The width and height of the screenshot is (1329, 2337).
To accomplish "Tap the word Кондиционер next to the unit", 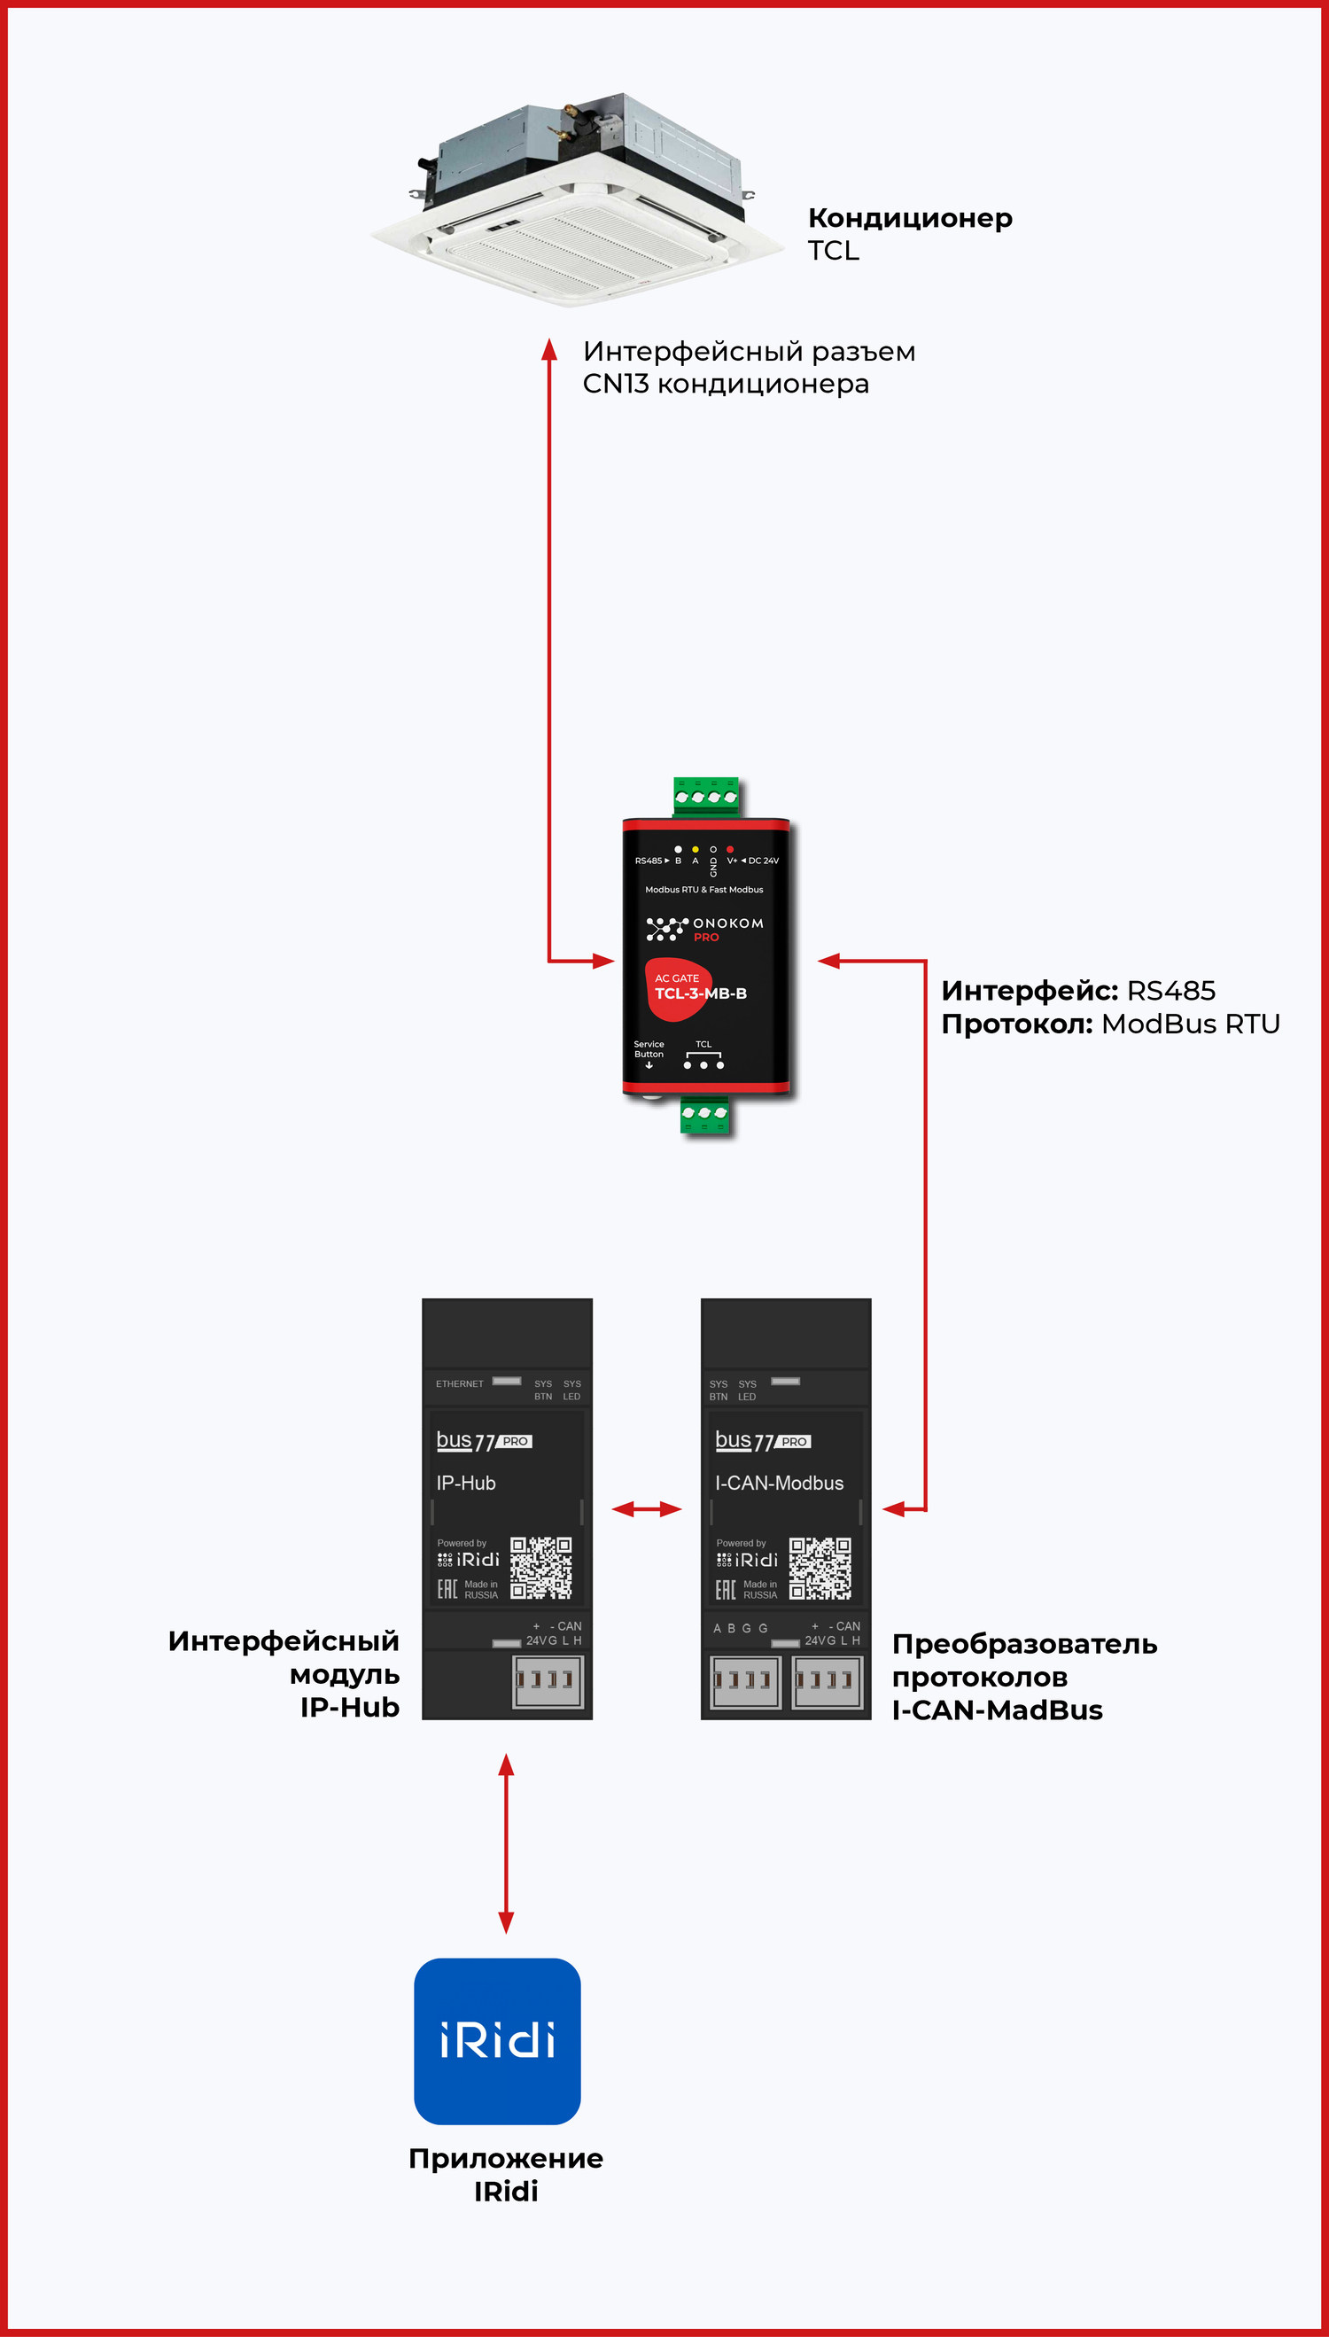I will coord(909,218).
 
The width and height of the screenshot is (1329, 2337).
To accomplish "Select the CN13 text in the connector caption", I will coord(615,385).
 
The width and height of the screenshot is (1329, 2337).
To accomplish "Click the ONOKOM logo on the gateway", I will coord(704,929).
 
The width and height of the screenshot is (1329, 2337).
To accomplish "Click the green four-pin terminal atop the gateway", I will coord(704,796).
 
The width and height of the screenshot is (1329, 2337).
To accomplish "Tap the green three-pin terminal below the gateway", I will coord(704,1115).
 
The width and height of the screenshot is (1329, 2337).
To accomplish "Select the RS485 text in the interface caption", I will coord(1171,992).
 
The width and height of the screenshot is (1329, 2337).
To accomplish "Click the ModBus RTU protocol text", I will coord(1190,1024).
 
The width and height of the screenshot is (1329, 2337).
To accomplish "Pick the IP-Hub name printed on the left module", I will coord(465,1484).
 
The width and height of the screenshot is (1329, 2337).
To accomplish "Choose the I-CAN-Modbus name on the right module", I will coord(780,1484).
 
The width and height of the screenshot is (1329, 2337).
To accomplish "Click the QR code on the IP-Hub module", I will coord(540,1568).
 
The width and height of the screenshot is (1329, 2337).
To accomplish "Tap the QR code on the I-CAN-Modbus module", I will coord(820,1568).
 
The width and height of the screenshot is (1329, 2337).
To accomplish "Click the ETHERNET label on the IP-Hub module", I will coord(459,1384).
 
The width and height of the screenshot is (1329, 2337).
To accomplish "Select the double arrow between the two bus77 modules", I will coord(646,1509).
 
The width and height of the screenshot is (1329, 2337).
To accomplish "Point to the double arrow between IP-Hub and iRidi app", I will coord(506,1843).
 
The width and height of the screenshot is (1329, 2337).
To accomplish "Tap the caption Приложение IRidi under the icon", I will coord(506,2175).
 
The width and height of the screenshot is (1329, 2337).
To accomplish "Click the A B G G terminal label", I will coord(741,1629).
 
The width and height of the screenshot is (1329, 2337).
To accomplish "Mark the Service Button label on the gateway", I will coord(649,1049).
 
